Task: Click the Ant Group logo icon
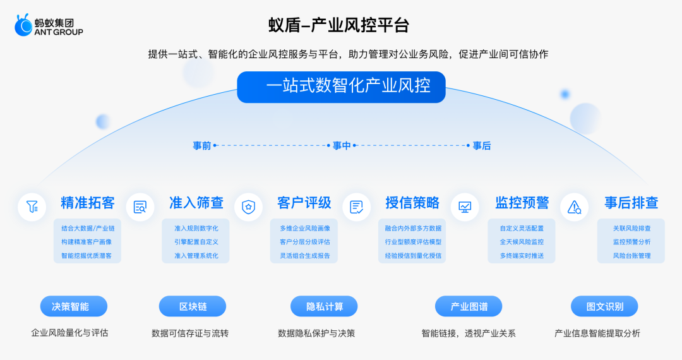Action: point(23,25)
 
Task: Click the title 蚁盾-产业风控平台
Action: point(339,25)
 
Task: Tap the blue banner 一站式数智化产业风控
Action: point(341,87)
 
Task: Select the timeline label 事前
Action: point(202,146)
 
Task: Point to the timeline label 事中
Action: point(342,146)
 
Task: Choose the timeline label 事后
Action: point(481,146)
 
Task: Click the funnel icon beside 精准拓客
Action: point(32,207)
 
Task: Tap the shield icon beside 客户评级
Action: point(248,207)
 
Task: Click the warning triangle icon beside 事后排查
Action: point(574,207)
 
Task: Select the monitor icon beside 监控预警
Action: point(465,207)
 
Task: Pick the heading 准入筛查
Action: point(196,203)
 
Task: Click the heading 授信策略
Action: point(412,203)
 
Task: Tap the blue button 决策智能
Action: point(73,306)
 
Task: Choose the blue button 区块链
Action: point(192,306)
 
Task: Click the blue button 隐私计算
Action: point(324,306)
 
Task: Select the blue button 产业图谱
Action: point(469,306)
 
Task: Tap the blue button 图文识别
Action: point(604,306)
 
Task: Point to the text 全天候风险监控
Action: point(522,242)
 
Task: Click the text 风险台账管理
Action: point(631,256)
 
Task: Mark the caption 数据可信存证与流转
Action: point(190,333)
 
